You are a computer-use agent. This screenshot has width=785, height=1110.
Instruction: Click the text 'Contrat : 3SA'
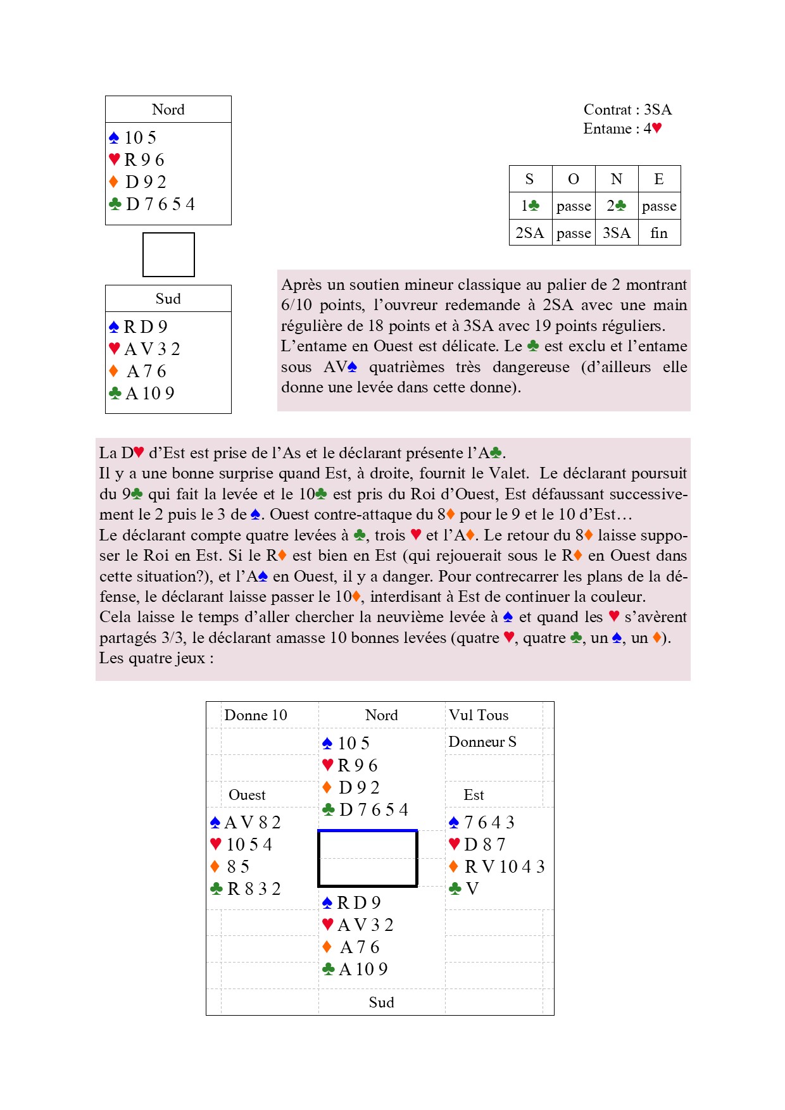pyautogui.click(x=627, y=109)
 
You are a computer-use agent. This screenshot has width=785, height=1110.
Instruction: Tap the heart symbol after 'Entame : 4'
pyautogui.click(x=657, y=128)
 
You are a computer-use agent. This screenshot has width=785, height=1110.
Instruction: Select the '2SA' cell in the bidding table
pyautogui.click(x=530, y=233)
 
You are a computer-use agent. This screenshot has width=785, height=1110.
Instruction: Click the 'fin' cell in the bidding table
pyautogui.click(x=659, y=233)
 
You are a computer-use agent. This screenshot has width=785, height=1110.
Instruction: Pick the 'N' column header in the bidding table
pyautogui.click(x=616, y=179)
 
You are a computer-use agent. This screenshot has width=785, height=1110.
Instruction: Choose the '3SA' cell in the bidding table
pyautogui.click(x=616, y=233)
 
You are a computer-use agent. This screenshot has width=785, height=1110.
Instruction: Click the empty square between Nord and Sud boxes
pyautogui.click(x=168, y=254)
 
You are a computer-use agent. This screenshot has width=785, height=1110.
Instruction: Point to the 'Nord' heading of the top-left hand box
pyautogui.click(x=168, y=109)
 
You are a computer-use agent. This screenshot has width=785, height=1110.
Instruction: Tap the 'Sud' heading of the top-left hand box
pyautogui.click(x=168, y=299)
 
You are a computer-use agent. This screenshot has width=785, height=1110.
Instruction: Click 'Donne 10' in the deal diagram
pyautogui.click(x=256, y=715)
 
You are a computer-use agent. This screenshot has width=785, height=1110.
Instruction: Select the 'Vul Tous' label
pyautogui.click(x=479, y=715)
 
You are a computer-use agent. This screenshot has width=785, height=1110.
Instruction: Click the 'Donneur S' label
pyautogui.click(x=482, y=742)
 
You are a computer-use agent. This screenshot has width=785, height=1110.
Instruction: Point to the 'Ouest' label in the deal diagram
pyautogui.click(x=247, y=795)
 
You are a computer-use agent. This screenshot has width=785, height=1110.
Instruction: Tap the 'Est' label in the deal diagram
pyautogui.click(x=474, y=795)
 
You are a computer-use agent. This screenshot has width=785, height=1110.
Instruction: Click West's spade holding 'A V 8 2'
pyautogui.click(x=252, y=822)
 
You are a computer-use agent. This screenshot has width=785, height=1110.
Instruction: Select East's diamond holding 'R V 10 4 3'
pyautogui.click(x=504, y=866)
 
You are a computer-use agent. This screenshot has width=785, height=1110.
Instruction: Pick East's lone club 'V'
pyautogui.click(x=472, y=889)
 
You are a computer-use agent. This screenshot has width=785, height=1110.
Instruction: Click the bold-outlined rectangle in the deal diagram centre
pyautogui.click(x=367, y=858)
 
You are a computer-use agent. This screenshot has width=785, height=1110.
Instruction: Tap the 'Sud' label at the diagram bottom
pyautogui.click(x=381, y=1002)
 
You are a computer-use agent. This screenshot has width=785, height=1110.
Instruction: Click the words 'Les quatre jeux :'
pyautogui.click(x=156, y=658)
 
